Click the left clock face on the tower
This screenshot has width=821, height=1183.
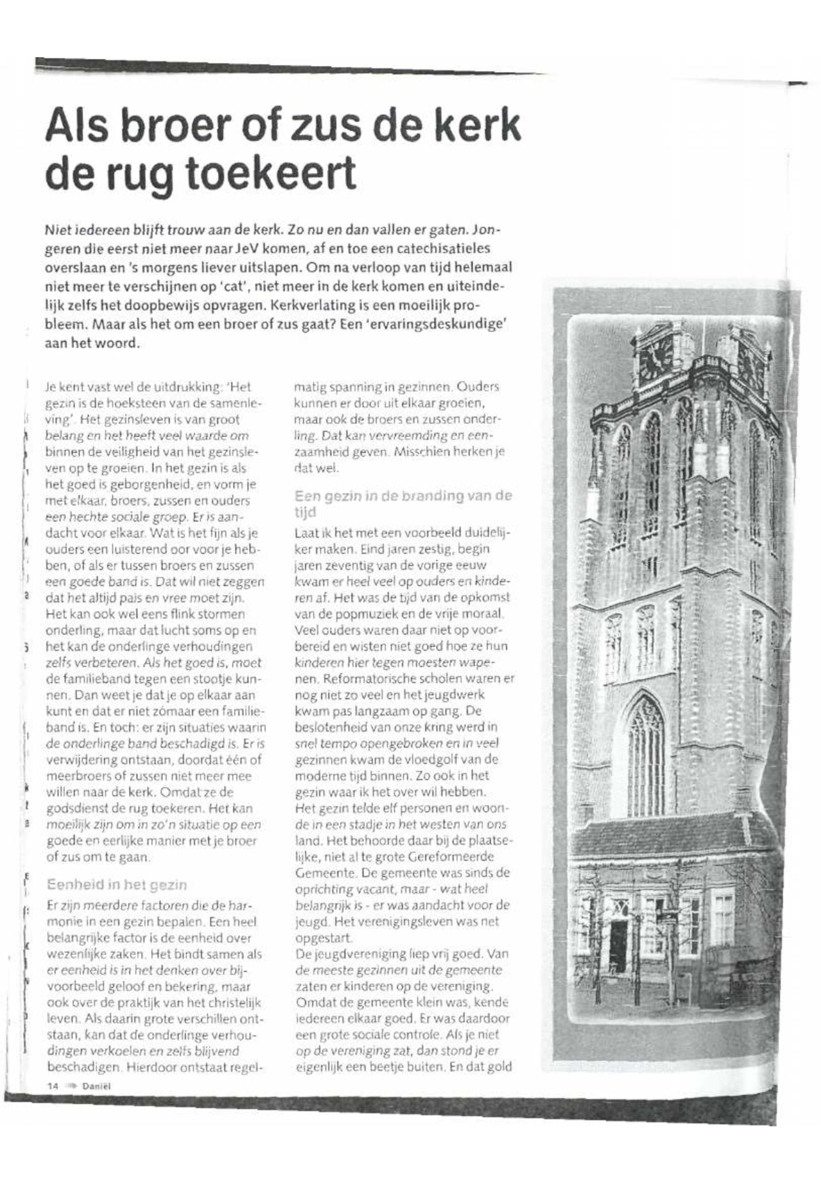(655, 356)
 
